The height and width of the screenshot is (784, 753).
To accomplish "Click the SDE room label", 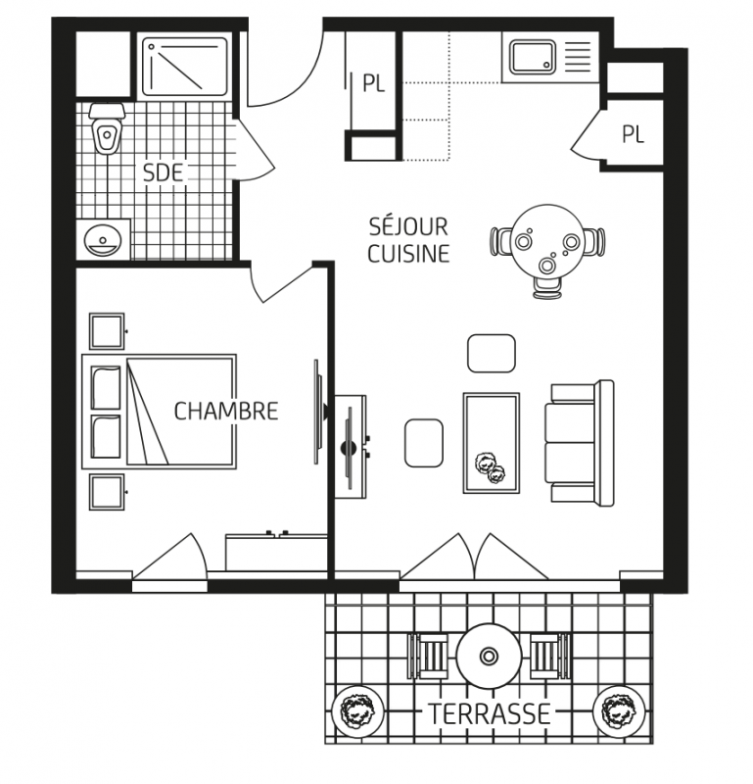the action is click(163, 172).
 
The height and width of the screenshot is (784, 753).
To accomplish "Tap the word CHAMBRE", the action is click(226, 411).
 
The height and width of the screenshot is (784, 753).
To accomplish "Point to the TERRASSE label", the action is click(490, 714).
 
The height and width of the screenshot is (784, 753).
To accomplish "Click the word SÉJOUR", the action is click(408, 226).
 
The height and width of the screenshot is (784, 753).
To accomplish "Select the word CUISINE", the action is click(408, 254).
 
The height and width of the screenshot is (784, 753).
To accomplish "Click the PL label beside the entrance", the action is click(374, 83).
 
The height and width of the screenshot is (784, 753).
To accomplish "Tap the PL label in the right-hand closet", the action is click(634, 134).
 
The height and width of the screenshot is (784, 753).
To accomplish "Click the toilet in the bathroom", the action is click(106, 128).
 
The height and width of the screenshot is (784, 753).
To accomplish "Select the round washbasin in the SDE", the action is click(103, 240).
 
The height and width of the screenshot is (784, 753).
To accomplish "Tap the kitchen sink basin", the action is click(533, 57).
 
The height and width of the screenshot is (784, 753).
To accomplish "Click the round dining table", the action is click(547, 240).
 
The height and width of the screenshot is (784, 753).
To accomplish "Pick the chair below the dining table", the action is click(547, 288).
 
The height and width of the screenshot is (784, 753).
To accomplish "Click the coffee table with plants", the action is click(492, 443).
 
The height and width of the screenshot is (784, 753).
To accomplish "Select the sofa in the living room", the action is click(580, 443).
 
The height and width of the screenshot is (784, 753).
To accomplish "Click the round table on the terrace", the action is click(489, 656).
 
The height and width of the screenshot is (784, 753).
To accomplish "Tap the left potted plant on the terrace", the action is click(357, 711).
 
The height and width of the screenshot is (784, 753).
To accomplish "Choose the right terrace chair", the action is click(550, 656).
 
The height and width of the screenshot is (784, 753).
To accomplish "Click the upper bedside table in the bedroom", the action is click(107, 331).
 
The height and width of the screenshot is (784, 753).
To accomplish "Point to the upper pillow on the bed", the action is click(106, 387).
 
